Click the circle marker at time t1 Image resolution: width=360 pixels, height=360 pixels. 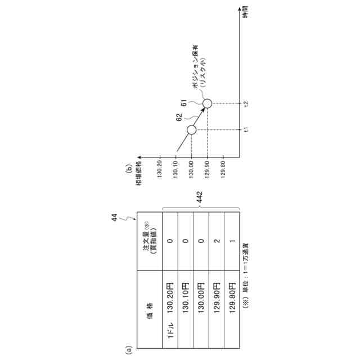pyautogui.click(x=191, y=130)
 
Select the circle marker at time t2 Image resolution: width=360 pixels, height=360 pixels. pyautogui.click(x=207, y=103)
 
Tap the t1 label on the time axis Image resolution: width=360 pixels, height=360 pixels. pyautogui.click(x=246, y=130)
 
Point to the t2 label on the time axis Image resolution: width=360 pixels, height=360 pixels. pyautogui.click(x=246, y=103)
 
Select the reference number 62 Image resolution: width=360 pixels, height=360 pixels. pyautogui.click(x=179, y=118)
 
